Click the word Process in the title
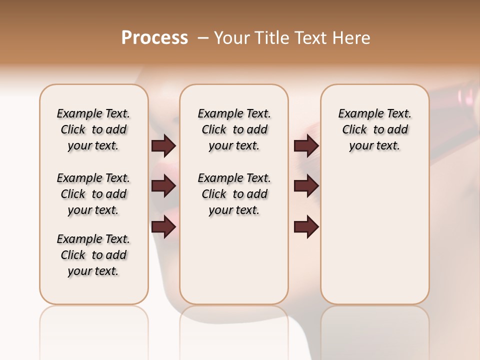coord(154,38)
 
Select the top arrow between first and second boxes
coord(163,145)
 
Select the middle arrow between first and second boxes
coord(163,186)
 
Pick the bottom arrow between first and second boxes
coord(163,227)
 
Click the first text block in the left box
coord(93,129)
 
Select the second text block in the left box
coord(93,194)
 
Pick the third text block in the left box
coord(93,255)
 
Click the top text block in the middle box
coord(234,129)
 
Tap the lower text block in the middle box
coord(234,194)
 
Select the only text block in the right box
coord(375,129)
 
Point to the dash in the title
coord(203,38)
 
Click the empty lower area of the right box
coord(375,240)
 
